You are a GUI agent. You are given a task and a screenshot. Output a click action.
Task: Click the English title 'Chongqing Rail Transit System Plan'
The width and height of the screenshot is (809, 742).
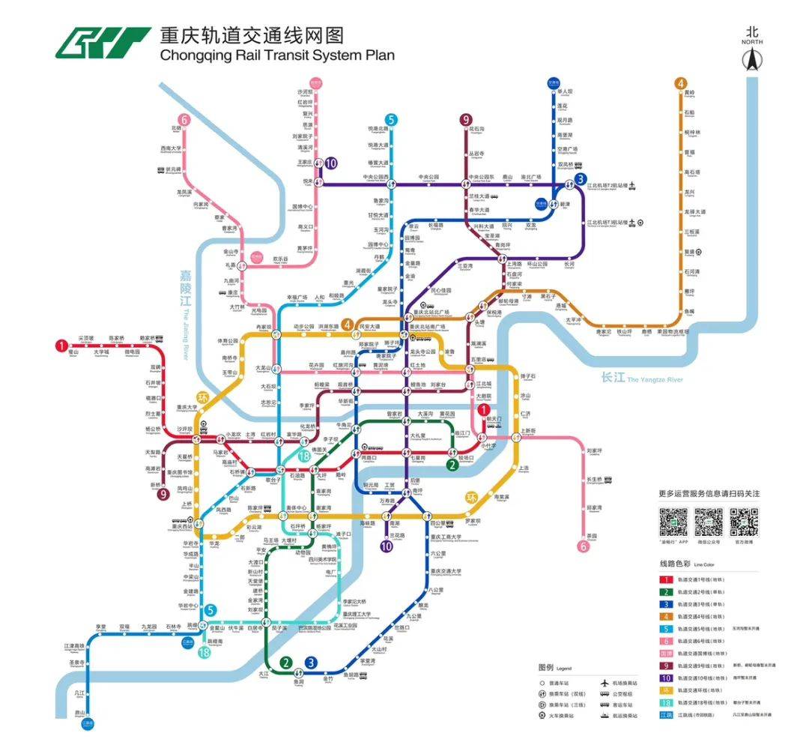276,55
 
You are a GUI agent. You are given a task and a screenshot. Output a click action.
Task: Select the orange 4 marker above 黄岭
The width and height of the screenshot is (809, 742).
680,83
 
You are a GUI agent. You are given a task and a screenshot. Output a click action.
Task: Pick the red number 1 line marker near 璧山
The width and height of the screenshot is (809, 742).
61,346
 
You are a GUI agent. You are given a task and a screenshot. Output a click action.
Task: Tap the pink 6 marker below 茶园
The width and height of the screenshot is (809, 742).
584,546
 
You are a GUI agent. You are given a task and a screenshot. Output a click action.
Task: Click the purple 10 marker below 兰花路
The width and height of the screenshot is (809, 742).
387,546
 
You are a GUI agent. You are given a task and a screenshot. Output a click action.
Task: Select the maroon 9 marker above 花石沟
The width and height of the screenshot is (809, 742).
466,119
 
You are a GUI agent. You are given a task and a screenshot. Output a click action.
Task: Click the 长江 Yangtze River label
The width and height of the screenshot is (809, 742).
641,378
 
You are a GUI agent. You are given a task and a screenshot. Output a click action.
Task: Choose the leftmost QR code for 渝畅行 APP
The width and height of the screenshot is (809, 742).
673,522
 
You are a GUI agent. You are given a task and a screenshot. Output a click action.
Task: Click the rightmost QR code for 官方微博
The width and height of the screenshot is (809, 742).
744,522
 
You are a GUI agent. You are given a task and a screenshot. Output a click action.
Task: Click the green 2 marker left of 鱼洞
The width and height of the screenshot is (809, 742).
285,662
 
